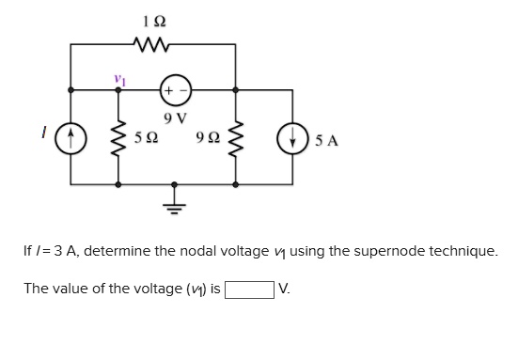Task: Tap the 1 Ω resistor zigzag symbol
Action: (152, 42)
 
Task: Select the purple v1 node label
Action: (118, 77)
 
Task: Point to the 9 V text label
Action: (176, 118)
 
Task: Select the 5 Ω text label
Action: (145, 139)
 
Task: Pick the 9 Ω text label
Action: (208, 139)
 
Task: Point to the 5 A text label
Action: (327, 141)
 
